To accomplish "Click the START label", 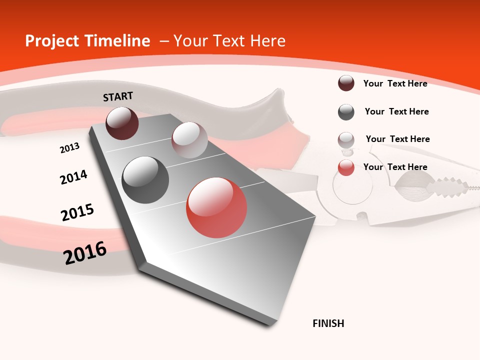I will (118, 96).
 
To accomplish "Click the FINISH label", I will (328, 323).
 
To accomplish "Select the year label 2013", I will (69, 148).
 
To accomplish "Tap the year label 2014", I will (73, 177).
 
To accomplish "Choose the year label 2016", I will (85, 253).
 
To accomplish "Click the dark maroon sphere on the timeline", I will (122, 123).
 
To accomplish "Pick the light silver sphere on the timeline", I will (189, 140).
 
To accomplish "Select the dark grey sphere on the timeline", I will (145, 180).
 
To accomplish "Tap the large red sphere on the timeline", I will (216, 207).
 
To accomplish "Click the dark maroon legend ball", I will (346, 83).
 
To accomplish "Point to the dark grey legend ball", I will (346, 112).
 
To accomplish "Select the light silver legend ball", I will (346, 140).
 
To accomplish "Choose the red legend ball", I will (346, 168).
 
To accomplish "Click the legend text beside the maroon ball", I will (395, 83).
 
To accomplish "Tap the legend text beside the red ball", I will (395, 167).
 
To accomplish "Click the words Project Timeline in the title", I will (87, 41).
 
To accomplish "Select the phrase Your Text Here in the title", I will (229, 41).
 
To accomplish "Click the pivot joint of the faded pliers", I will (353, 187).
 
